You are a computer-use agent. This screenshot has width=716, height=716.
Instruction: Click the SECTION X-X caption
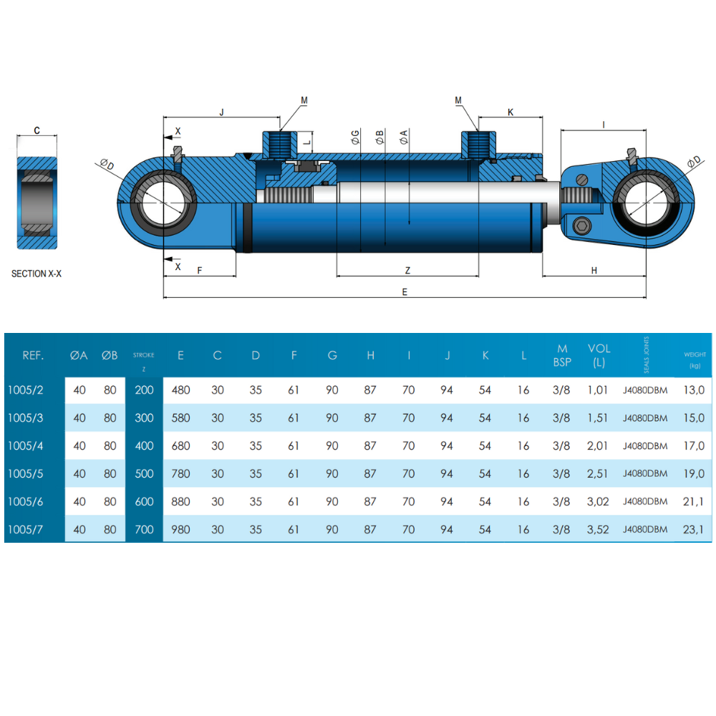pyautogui.click(x=37, y=274)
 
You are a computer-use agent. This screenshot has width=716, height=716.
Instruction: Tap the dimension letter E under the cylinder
pyautogui.click(x=405, y=291)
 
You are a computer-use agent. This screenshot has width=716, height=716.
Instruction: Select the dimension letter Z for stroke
pyautogui.click(x=407, y=270)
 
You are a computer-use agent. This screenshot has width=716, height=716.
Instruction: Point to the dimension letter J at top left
pyautogui.click(x=221, y=112)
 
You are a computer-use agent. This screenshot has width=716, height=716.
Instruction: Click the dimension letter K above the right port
pyautogui.click(x=511, y=112)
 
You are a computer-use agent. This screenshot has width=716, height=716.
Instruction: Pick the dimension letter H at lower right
pyautogui.click(x=594, y=270)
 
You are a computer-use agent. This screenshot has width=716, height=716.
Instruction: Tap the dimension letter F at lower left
pyautogui.click(x=200, y=270)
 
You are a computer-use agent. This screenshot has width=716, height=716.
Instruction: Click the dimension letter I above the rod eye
pyautogui.click(x=604, y=125)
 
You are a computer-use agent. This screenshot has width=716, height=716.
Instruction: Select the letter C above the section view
pyautogui.click(x=37, y=131)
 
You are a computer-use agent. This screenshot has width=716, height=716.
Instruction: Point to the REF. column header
pyautogui.click(x=33, y=355)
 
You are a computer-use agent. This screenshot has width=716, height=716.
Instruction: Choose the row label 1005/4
pyautogui.click(x=26, y=446)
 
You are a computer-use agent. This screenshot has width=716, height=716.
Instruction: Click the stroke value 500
pyautogui.click(x=144, y=474)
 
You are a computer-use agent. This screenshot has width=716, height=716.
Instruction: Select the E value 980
pyautogui.click(x=181, y=530)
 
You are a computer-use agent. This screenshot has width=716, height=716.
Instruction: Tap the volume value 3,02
pyautogui.click(x=598, y=502)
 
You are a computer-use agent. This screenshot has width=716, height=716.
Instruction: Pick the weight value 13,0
pyautogui.click(x=695, y=390)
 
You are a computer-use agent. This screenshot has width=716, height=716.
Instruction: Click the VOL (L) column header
pyautogui.click(x=599, y=355)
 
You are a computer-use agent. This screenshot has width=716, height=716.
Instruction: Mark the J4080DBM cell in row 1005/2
pyautogui.click(x=645, y=390)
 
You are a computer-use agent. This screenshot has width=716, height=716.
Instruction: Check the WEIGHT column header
pyautogui.click(x=695, y=355)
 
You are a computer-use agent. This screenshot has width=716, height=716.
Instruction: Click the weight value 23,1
pyautogui.click(x=695, y=530)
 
